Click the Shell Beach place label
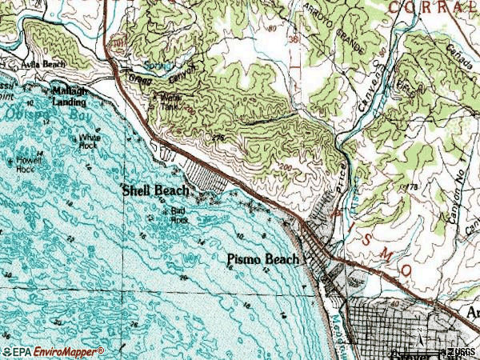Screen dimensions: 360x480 pyautogui.click(x=155, y=190)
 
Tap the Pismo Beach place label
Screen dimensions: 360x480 pyautogui.click(x=263, y=259)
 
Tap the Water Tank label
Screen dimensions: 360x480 pyautogui.click(x=166, y=100)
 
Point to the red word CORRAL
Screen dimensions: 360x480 pyautogui.click(x=435, y=7)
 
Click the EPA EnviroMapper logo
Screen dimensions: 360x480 pyautogui.click(x=53, y=351)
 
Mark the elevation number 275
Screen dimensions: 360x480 pyautogui.click(x=217, y=138)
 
